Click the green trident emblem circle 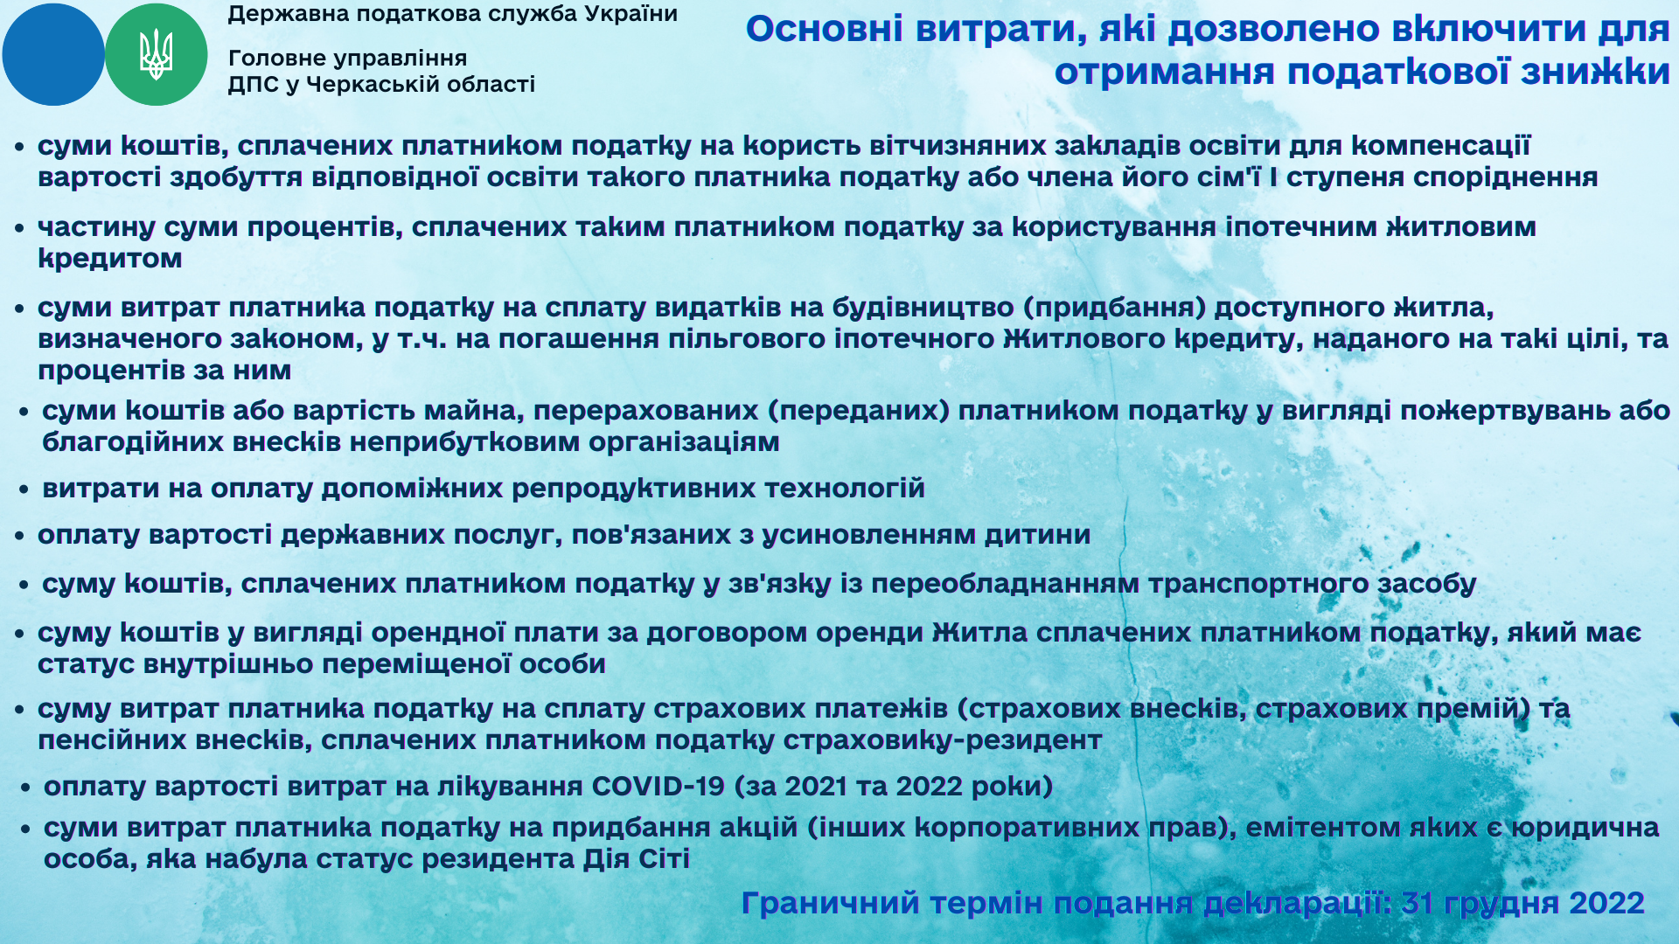[x=157, y=54]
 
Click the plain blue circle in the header [x=53, y=54]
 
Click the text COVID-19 [x=658, y=787]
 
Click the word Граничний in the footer [x=830, y=904]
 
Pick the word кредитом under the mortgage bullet [x=110, y=259]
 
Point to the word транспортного [x=1258, y=584]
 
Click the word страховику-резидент [x=943, y=740]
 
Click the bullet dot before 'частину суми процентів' [x=19, y=228]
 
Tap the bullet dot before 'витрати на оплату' [x=24, y=489]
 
